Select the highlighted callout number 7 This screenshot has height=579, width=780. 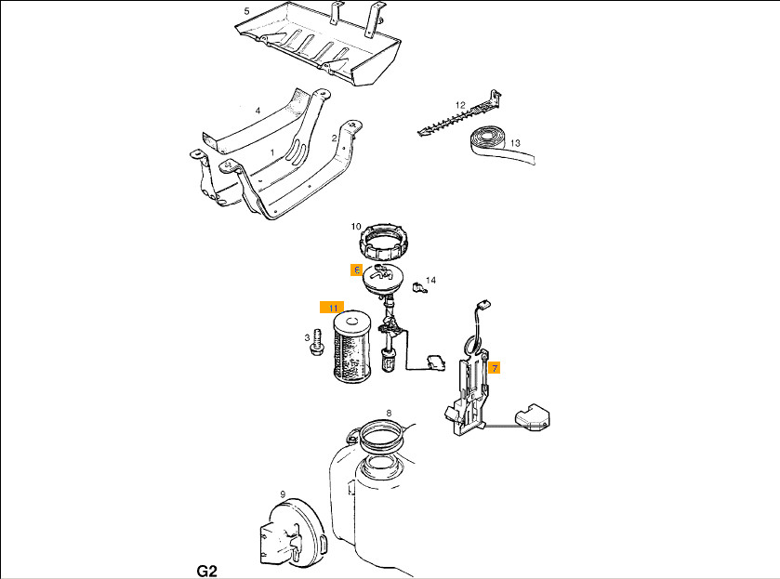point(495,368)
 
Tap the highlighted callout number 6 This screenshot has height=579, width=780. point(357,270)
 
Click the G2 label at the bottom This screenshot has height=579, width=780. point(207,571)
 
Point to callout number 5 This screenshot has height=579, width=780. point(246,11)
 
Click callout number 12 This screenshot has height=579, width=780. point(460,105)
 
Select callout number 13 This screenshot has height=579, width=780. point(515,143)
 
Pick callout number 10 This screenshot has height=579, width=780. point(356,227)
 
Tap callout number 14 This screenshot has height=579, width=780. point(430,280)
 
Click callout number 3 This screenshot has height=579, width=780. point(307,338)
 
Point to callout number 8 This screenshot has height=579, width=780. point(389,413)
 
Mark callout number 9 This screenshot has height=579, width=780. point(283,494)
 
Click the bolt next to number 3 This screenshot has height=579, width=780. point(316,343)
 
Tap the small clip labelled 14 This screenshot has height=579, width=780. point(420,287)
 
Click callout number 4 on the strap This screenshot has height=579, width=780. point(258,111)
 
